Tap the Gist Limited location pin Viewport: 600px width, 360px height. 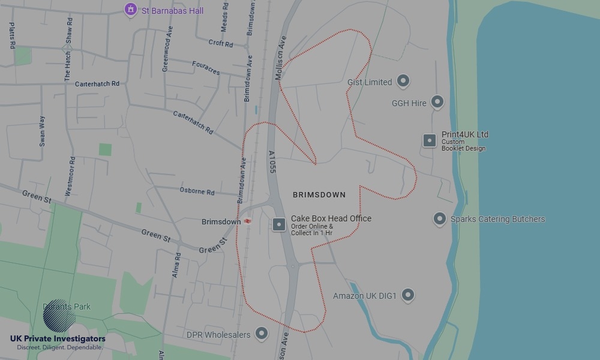point(404,81)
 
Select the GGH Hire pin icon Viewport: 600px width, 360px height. point(437,102)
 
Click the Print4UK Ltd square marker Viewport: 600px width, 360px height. point(430,140)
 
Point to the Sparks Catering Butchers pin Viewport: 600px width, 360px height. point(440,219)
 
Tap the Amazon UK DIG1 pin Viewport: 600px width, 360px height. point(408,295)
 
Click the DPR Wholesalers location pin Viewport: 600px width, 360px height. point(262,334)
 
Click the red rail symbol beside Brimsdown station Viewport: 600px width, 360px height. point(247,221)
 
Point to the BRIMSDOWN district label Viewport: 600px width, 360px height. point(319,195)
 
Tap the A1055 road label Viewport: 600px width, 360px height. point(272,163)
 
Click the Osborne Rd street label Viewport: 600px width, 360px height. point(197,191)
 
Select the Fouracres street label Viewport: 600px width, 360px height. point(206,68)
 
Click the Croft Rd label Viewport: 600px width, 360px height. point(220,43)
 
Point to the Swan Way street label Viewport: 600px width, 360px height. point(42,131)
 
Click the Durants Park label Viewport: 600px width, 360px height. point(67,307)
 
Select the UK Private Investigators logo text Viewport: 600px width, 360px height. point(58,339)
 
